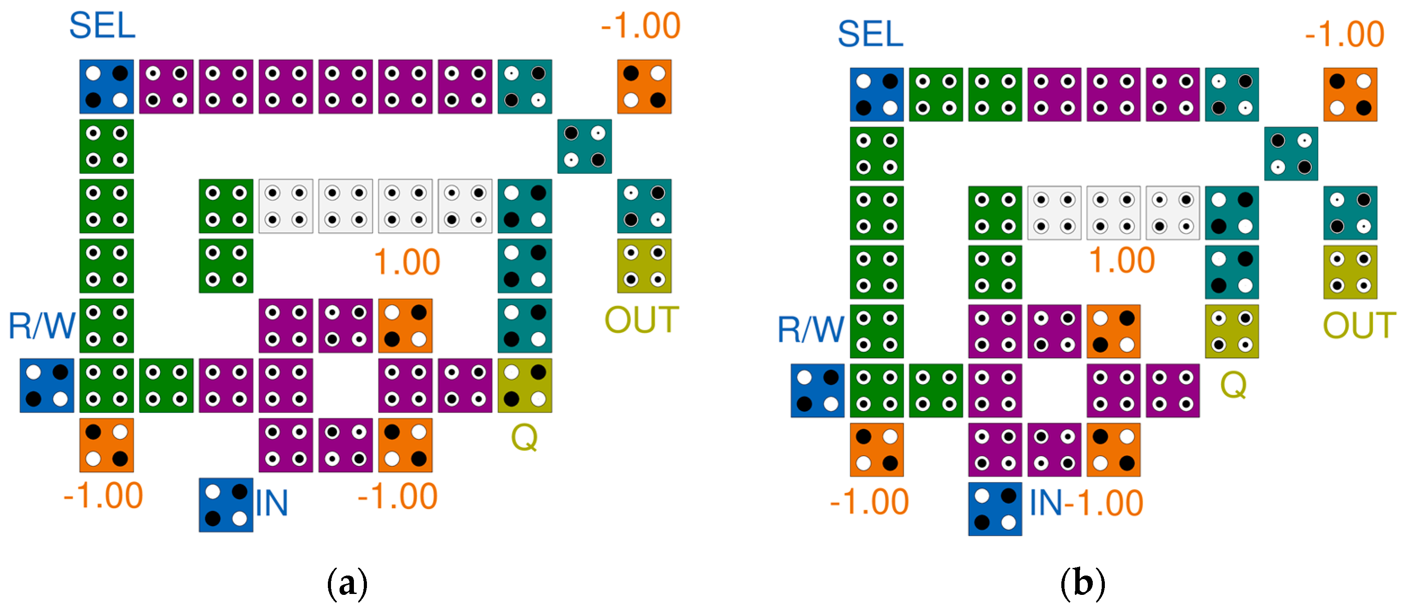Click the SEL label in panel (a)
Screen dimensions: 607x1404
click(102, 26)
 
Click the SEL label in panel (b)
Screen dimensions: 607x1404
click(870, 34)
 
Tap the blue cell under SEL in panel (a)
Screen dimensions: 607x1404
click(106, 87)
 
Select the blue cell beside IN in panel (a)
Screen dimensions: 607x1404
click(225, 505)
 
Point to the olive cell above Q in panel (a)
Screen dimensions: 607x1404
click(524, 385)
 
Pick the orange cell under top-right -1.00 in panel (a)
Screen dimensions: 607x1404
click(644, 87)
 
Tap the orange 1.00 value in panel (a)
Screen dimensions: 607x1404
click(406, 262)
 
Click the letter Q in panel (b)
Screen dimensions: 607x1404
click(1233, 385)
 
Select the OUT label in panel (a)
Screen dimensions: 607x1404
click(641, 320)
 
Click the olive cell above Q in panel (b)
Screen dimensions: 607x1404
click(1231, 332)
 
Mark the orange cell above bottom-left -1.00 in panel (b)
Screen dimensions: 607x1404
click(876, 450)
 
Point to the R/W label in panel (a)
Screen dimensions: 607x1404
click(41, 326)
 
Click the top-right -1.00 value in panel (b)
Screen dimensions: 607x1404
click(1344, 34)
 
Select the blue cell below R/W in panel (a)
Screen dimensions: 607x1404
click(47, 385)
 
